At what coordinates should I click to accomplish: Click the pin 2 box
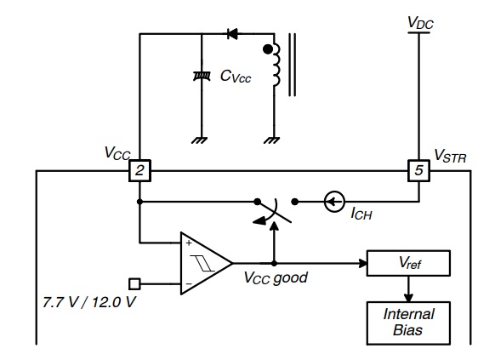[139, 170]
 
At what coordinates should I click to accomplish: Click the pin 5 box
[418, 170]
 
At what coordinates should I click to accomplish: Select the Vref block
[408, 263]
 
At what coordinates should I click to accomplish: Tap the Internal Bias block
[408, 323]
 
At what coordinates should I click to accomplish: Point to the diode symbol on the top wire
[233, 34]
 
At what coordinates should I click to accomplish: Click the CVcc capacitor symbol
[202, 76]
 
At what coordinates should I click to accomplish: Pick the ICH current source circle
[334, 202]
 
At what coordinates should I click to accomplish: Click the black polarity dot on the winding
[268, 49]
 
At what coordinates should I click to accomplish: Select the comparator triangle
[206, 263]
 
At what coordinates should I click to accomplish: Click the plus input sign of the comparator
[189, 243]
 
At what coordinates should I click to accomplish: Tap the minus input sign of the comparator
[189, 284]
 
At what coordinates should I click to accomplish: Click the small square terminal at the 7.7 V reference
[134, 284]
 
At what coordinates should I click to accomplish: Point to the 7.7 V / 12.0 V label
[89, 302]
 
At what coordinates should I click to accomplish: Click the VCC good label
[276, 278]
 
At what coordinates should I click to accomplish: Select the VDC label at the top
[420, 23]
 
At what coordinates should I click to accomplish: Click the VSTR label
[450, 156]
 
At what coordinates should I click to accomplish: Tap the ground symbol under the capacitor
[200, 140]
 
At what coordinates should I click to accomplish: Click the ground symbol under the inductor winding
[272, 140]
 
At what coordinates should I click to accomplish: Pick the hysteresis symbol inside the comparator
[202, 263]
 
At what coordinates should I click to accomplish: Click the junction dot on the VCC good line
[275, 263]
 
